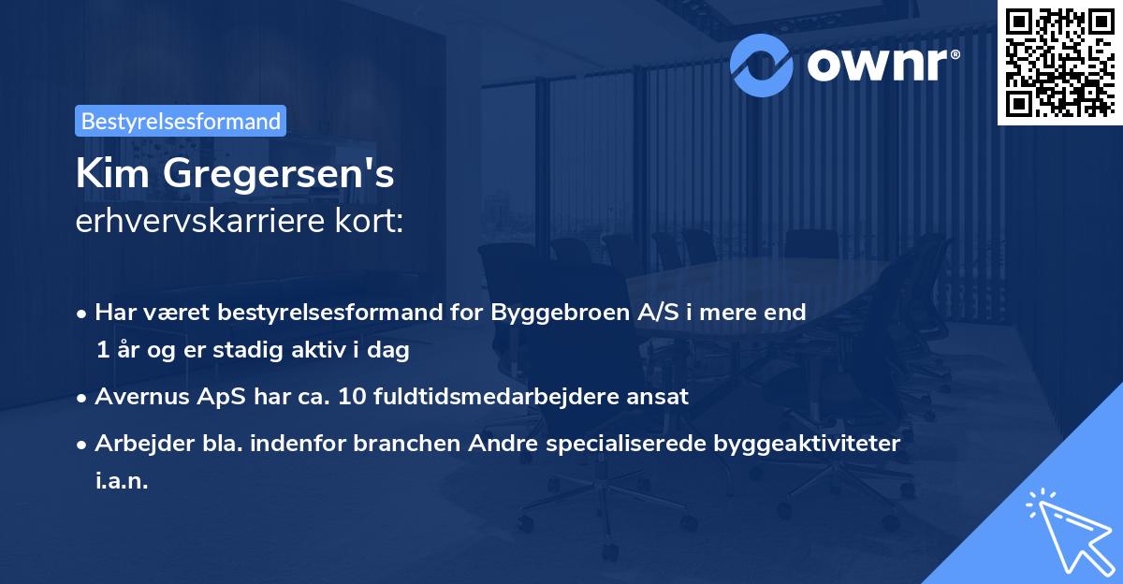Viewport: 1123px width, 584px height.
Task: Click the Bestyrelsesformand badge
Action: click(181, 121)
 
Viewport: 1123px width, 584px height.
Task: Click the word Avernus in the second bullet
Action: click(137, 396)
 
